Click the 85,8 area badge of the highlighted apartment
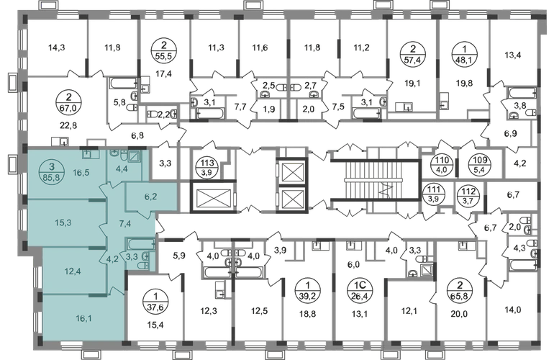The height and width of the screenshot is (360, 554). coord(52,171)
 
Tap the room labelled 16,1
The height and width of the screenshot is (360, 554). coord(83,319)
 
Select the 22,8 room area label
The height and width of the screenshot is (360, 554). coord(68,125)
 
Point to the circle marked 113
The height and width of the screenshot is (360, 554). coord(207,167)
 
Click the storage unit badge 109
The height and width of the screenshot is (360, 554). coord(481,164)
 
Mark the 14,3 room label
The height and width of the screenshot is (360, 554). coord(57,48)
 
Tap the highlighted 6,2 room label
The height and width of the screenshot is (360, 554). coord(151,197)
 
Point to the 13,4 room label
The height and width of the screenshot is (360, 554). coord(513,55)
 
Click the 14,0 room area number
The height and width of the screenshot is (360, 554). coord(514,310)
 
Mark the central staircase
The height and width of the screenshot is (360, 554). coord(376,180)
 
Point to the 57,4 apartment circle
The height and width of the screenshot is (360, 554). coord(413,54)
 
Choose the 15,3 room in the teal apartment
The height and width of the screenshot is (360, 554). coord(63,222)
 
